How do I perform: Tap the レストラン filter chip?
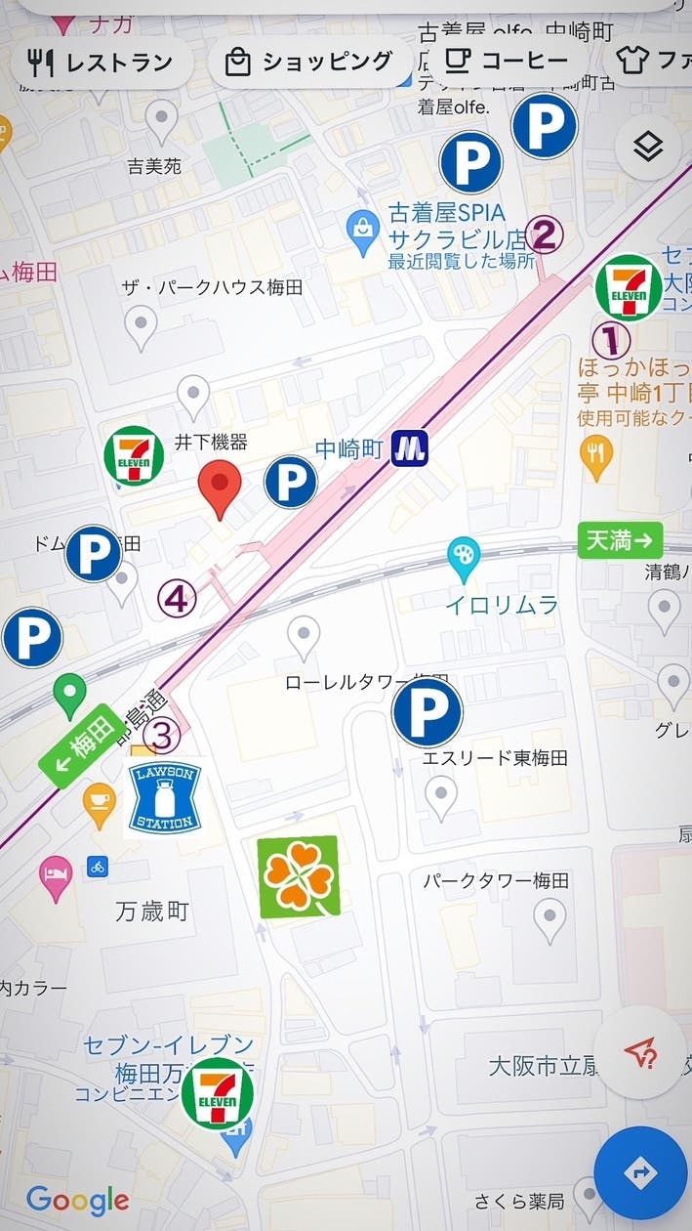[102, 64]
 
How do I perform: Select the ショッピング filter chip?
[310, 64]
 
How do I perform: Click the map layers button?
[648, 148]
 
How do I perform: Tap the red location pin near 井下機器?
[220, 488]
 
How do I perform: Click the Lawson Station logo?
[164, 798]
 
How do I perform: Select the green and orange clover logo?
[299, 876]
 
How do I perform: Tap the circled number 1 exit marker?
[611, 339]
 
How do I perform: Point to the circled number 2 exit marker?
[545, 234]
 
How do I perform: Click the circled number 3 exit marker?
[163, 732]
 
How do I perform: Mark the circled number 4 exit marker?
[177, 599]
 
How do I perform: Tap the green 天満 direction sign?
[620, 540]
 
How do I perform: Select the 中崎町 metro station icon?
[410, 449]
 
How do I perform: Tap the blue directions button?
[640, 1173]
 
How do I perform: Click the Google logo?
[77, 1200]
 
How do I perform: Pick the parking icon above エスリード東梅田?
[427, 713]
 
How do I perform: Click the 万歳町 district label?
[152, 912]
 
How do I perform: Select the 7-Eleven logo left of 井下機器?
[135, 455]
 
